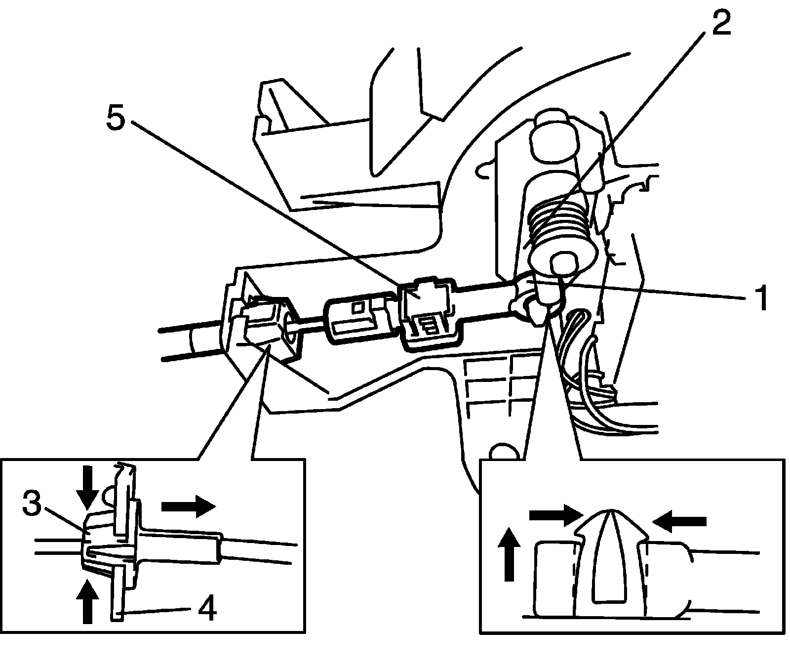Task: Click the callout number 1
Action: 762,297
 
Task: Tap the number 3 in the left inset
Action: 32,503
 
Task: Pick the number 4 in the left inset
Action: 207,610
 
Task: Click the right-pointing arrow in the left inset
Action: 189,506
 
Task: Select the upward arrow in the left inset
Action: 87,601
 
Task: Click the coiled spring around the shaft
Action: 558,217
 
